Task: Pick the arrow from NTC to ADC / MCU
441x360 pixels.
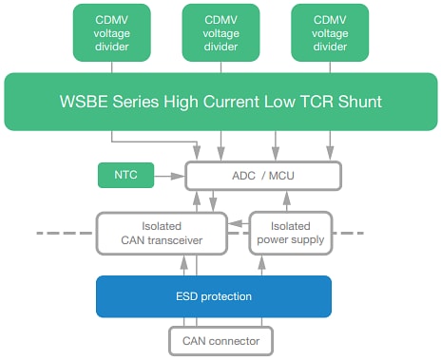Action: tap(172, 176)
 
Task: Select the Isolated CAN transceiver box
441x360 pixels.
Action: tap(162, 233)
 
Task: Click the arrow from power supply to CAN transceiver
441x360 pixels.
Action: tap(240, 223)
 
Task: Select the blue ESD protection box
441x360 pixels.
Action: tap(213, 296)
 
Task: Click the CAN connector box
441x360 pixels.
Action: tap(220, 339)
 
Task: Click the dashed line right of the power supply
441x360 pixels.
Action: tap(352, 233)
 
